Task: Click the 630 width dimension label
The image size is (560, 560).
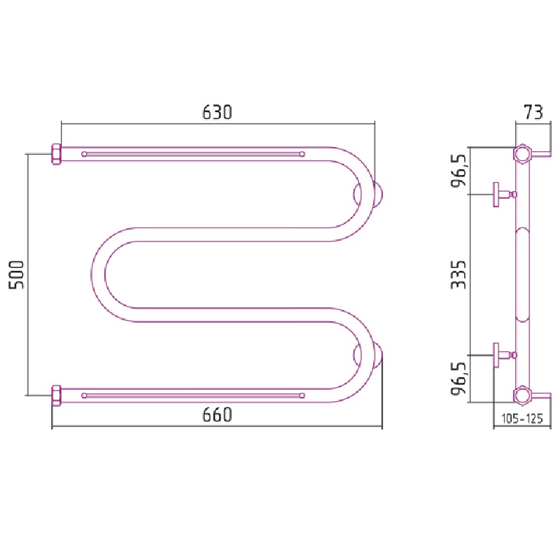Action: (217, 112)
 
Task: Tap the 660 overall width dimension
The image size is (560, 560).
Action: (217, 414)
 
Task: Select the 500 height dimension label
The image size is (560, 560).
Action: (16, 274)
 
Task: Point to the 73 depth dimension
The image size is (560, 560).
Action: (533, 112)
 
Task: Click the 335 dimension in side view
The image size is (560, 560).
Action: (458, 274)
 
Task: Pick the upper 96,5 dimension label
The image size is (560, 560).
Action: (458, 171)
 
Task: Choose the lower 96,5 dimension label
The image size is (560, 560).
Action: (458, 379)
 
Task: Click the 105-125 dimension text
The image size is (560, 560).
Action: (522, 418)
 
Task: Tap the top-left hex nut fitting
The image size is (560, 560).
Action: (57, 154)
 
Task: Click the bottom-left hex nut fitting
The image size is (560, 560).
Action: (57, 395)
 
